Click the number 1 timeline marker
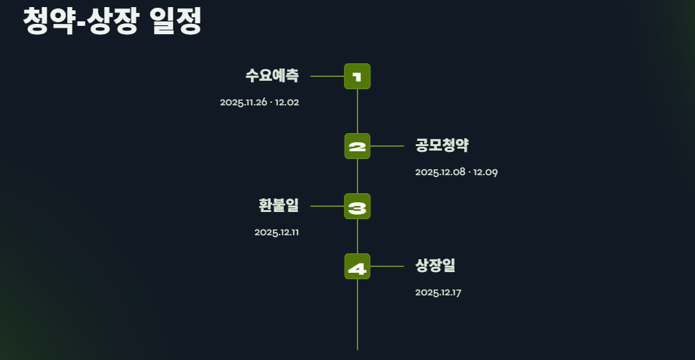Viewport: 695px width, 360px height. pyautogui.click(x=357, y=76)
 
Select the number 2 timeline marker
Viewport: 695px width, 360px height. pyautogui.click(x=357, y=146)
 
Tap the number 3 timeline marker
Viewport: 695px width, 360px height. pyautogui.click(x=357, y=206)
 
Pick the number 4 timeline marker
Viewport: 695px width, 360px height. pyautogui.click(x=357, y=266)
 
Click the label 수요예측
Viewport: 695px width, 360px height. pyautogui.click(x=272, y=76)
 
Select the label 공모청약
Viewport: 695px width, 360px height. pyautogui.click(x=442, y=145)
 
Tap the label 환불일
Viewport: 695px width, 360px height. pyautogui.click(x=279, y=206)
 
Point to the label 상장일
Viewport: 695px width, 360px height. pyautogui.click(x=436, y=266)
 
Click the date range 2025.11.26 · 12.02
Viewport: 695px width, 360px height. pyautogui.click(x=259, y=103)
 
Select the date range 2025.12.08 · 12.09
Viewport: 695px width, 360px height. pyautogui.click(x=456, y=172)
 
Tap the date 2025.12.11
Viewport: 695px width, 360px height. pyautogui.click(x=276, y=233)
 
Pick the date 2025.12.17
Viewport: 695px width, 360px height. pyautogui.click(x=438, y=293)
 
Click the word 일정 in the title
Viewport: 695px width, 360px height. pyautogui.click(x=175, y=21)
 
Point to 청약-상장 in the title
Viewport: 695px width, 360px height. pyautogui.click(x=80, y=21)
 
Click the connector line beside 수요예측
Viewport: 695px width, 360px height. pyautogui.click(x=326, y=76)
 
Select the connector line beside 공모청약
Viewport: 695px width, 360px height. pyautogui.click(x=387, y=146)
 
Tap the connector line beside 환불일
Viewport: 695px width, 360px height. pyautogui.click(x=326, y=206)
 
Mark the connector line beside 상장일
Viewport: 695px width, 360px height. pyautogui.click(x=387, y=266)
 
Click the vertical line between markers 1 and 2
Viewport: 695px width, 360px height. pyautogui.click(x=358, y=111)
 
